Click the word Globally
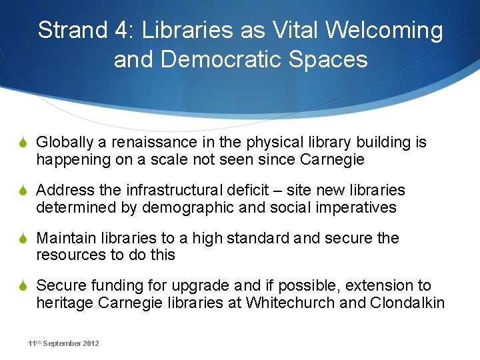64,143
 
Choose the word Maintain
65,238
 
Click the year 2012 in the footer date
90,343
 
